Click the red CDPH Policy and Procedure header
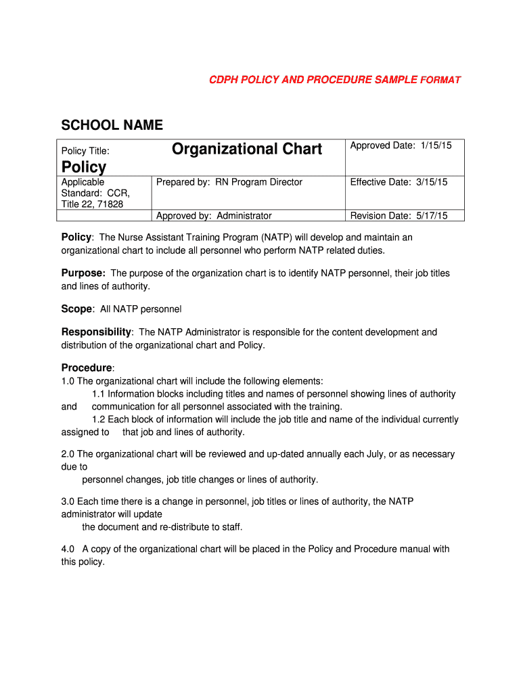(x=335, y=80)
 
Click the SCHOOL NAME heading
(x=112, y=125)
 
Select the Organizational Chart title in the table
(x=247, y=149)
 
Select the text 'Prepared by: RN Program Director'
(x=229, y=182)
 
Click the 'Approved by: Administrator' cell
(x=214, y=216)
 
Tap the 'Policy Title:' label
(x=85, y=151)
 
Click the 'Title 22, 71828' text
(x=92, y=204)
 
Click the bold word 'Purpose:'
(x=83, y=273)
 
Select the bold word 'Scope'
(x=76, y=309)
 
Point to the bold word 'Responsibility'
(x=96, y=332)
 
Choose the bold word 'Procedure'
(x=87, y=367)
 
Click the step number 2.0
(x=68, y=454)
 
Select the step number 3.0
(x=68, y=501)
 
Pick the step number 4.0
(x=68, y=549)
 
